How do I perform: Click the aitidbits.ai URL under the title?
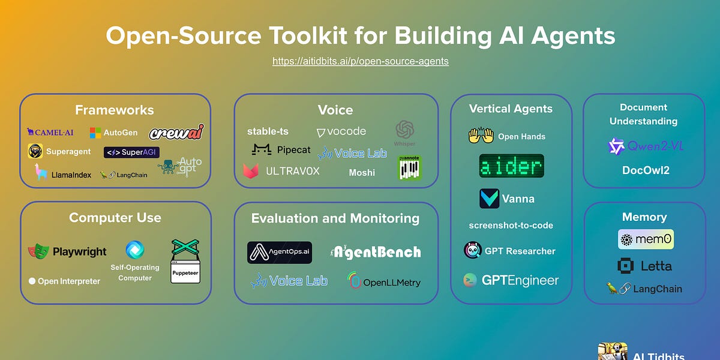(360, 61)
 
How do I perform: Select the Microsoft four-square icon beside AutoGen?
(95, 133)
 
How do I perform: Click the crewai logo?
(176, 131)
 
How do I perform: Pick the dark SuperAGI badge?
(131, 152)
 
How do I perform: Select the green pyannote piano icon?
(410, 168)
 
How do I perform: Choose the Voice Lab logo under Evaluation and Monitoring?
(289, 280)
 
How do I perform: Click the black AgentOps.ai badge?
(279, 253)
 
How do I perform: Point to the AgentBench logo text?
(376, 252)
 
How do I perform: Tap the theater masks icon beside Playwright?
(38, 251)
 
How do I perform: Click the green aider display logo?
(511, 166)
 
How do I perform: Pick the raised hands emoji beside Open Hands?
(481, 136)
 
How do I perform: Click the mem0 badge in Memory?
(646, 239)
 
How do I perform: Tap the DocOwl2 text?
(645, 170)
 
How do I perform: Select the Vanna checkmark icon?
(489, 199)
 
